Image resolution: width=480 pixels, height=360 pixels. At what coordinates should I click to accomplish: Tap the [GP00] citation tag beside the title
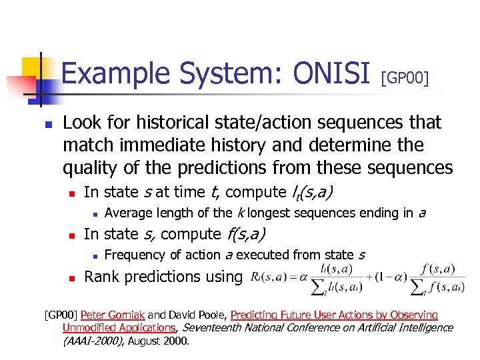click(x=405, y=79)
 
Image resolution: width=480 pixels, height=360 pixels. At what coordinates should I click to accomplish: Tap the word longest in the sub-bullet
click(x=269, y=213)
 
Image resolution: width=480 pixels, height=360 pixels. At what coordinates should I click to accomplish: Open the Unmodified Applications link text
click(x=119, y=327)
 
